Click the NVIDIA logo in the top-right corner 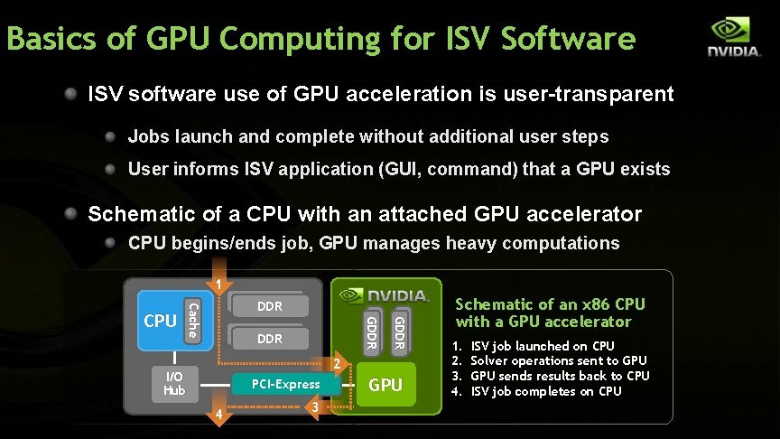click(x=733, y=37)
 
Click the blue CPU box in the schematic click(x=160, y=321)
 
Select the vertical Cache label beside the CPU click(x=192, y=321)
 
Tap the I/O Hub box click(x=173, y=384)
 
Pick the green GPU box click(x=385, y=384)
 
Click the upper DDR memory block click(x=270, y=307)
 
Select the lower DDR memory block click(x=270, y=339)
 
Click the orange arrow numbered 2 click(x=335, y=364)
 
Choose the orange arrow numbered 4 click(x=218, y=415)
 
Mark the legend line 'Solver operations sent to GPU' click(x=559, y=360)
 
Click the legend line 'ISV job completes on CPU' click(x=546, y=391)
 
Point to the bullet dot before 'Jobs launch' click(x=110, y=136)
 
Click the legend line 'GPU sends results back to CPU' click(x=560, y=376)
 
